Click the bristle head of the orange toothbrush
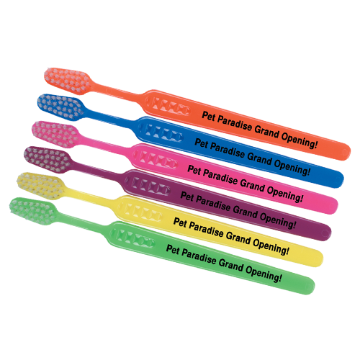[68, 81]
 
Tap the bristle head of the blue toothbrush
[61, 107]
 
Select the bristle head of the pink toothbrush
[55, 134]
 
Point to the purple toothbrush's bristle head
[48, 160]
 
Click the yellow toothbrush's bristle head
[41, 186]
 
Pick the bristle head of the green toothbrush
[34, 211]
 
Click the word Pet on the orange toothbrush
[208, 116]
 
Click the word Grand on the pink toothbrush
[252, 184]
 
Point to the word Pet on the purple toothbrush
[187, 197]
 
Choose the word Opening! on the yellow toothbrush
[271, 246]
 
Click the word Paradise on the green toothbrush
[199, 256]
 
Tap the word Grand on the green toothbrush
[230, 265]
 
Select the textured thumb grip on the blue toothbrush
[161, 132]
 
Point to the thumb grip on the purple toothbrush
[148, 185]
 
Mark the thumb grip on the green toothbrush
[134, 237]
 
